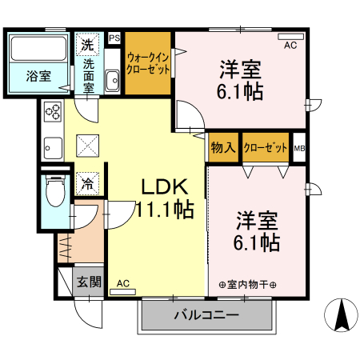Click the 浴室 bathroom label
39,77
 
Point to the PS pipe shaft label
114,38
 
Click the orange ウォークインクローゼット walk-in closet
148,62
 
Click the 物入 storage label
223,148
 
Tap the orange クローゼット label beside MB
266,148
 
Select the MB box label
299,148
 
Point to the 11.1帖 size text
163,211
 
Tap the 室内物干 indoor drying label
247,284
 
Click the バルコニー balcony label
206,315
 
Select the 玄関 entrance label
89,282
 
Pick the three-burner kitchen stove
53,113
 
